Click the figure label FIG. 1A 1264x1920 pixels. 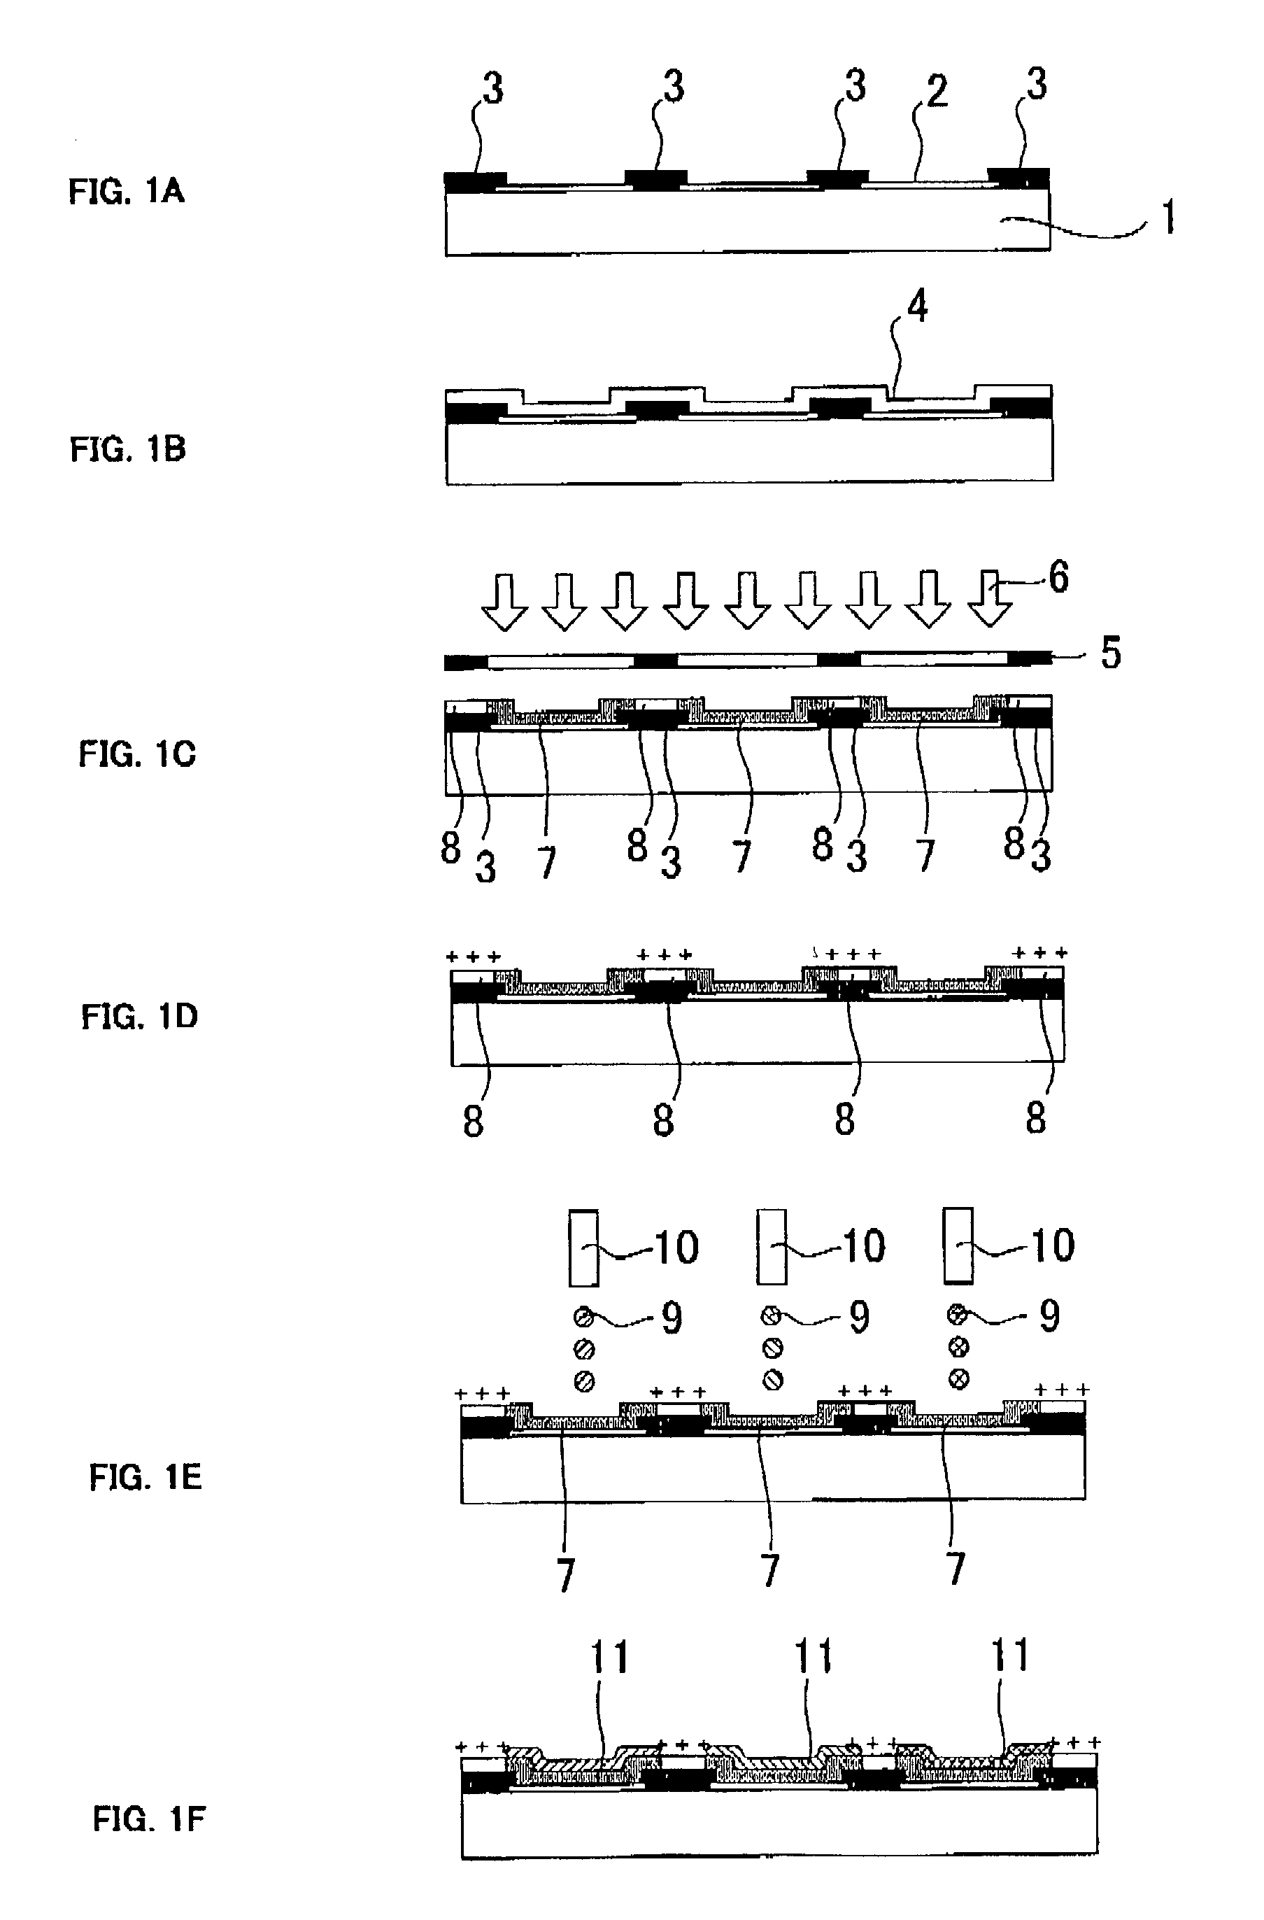[127, 191]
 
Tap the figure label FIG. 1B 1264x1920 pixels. [128, 449]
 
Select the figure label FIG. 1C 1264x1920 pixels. [137, 754]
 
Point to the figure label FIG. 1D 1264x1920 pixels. [139, 1017]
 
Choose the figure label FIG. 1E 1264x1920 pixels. [146, 1478]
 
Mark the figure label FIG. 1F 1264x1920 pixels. [149, 1819]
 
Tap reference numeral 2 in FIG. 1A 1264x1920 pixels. [937, 91]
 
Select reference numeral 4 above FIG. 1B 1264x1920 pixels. [918, 306]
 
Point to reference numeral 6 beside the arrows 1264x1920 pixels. [1058, 578]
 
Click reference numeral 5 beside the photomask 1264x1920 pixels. [1111, 653]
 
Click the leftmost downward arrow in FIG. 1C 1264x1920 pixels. [504, 602]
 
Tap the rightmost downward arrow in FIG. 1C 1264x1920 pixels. [990, 600]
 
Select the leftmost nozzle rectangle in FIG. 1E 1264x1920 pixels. [584, 1247]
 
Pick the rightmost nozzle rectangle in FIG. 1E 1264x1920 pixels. [958, 1245]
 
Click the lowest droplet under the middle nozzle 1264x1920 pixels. [773, 1380]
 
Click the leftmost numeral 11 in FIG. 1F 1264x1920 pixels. [610, 1657]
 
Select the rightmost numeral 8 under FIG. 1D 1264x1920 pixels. [1036, 1118]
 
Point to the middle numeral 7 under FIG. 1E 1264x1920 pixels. [770, 1570]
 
